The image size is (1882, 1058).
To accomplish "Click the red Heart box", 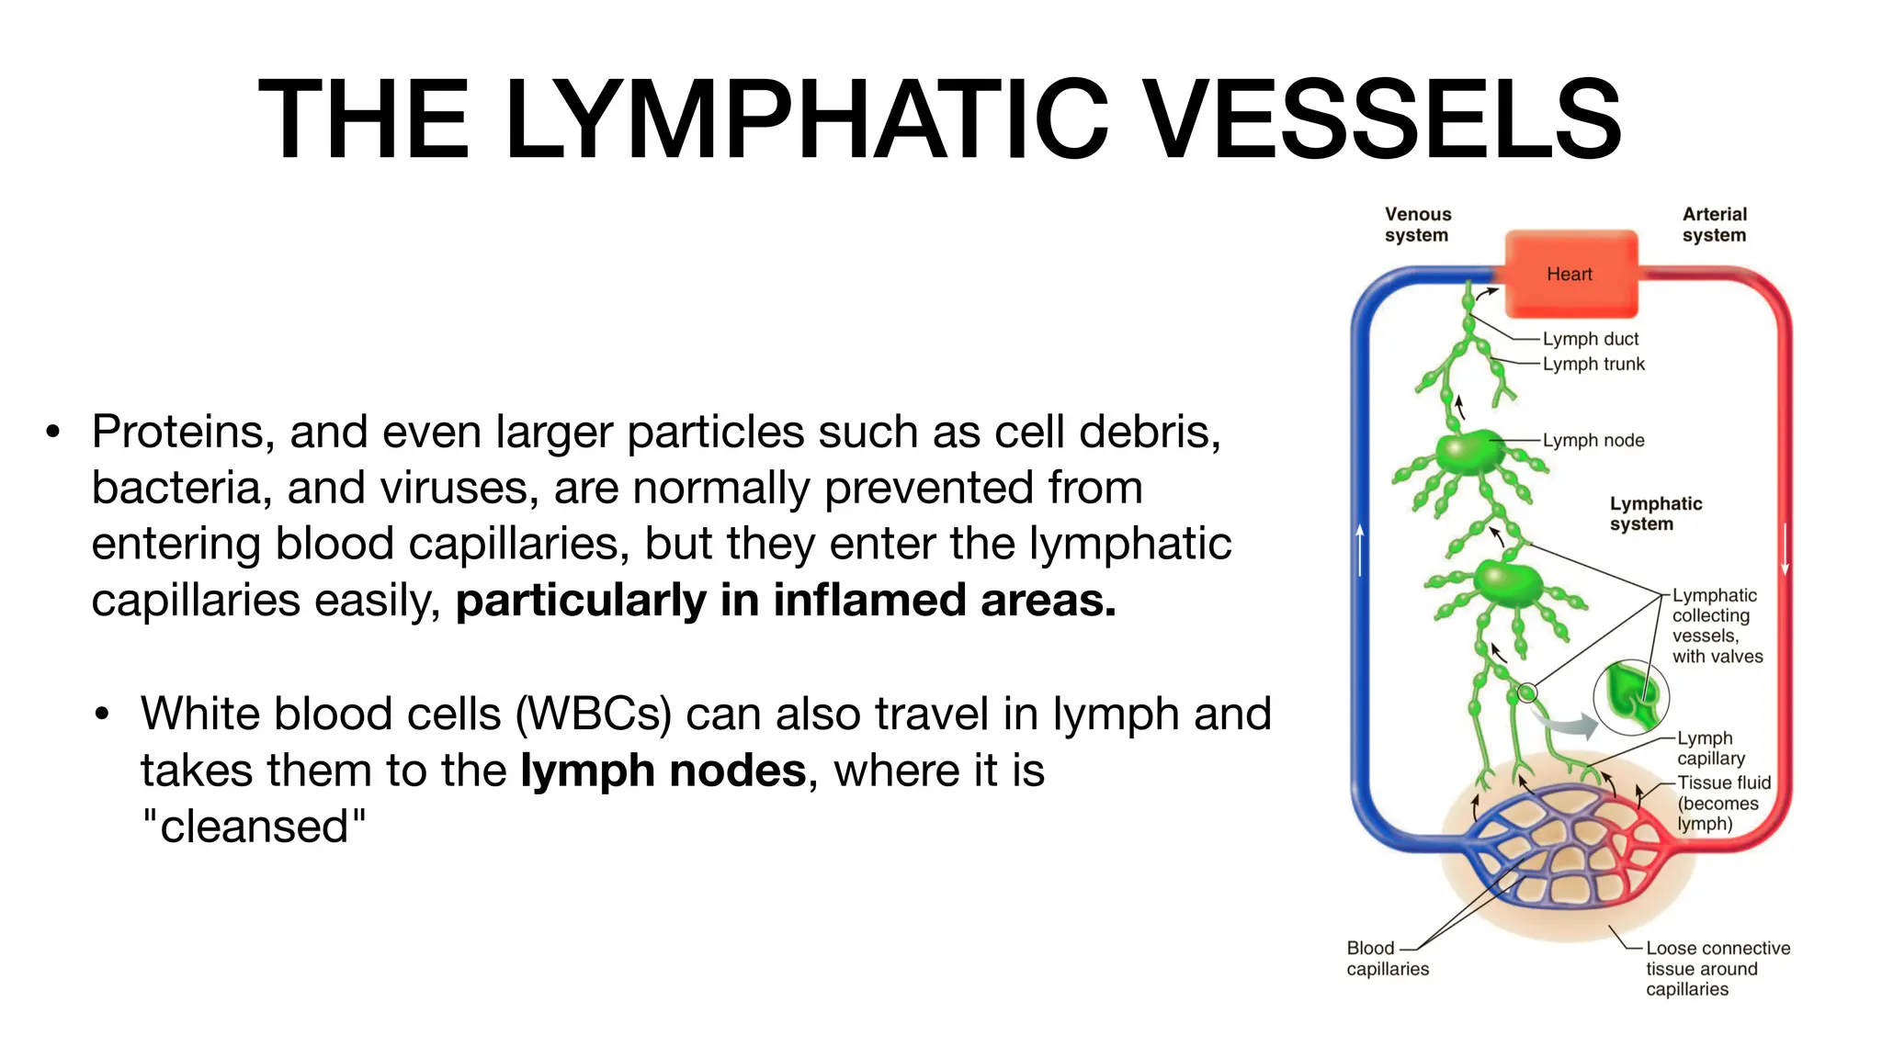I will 1570,274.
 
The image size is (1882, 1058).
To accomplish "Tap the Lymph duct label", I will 1590,339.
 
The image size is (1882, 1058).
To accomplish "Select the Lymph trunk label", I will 1593,364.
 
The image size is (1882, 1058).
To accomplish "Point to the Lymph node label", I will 1593,440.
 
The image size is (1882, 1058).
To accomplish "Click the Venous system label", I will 1417,225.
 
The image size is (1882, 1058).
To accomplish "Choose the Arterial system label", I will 1714,225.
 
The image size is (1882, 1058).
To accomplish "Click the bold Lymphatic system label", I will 1655,513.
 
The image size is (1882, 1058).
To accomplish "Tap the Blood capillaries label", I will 1388,958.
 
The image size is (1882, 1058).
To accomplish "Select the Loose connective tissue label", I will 1717,968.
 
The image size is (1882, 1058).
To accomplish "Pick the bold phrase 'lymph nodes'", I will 663,770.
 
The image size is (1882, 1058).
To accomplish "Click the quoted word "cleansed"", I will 255,826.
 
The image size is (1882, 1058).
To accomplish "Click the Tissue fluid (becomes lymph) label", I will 1722,803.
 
